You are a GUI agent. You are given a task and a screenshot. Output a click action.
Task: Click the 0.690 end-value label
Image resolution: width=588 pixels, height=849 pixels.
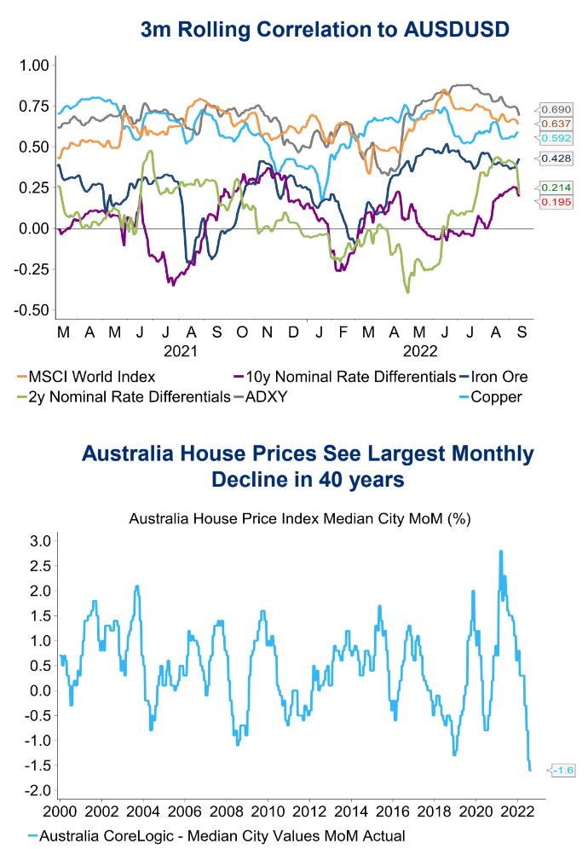[556, 110]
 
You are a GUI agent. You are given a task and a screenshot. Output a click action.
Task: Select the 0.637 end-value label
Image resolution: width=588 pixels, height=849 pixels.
[556, 124]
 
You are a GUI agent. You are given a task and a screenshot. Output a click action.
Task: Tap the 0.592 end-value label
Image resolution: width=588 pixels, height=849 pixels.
[556, 138]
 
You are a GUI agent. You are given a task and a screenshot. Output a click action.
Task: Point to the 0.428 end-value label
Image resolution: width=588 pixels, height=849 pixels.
[556, 159]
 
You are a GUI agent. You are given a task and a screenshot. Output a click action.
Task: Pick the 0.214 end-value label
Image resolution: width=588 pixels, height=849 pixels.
[556, 188]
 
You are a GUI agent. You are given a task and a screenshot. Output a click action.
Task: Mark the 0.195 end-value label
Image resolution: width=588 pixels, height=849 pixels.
[556, 201]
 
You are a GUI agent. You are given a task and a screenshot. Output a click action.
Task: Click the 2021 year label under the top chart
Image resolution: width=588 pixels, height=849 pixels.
[181, 350]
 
